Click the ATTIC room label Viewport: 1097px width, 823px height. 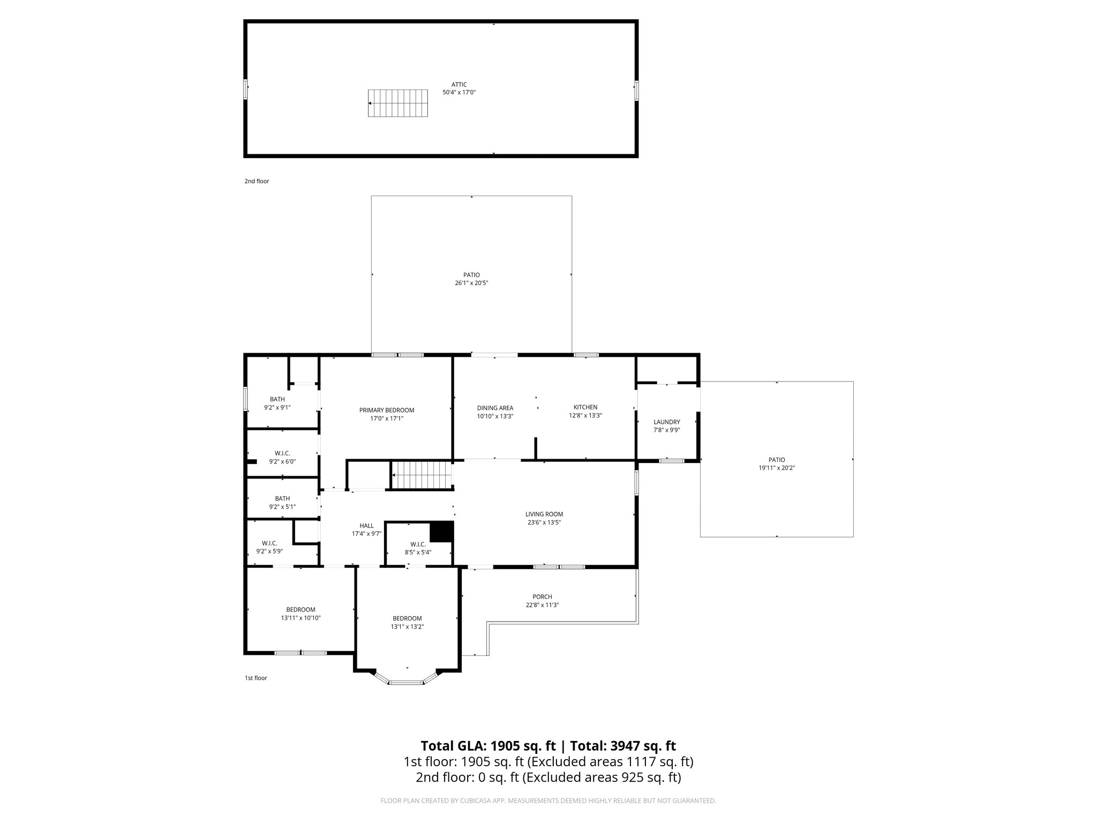click(459, 85)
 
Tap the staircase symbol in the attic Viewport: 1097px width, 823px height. click(398, 103)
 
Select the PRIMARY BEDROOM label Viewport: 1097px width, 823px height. click(386, 410)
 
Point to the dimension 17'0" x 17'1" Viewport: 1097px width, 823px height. click(386, 419)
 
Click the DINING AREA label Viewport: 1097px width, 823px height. click(495, 408)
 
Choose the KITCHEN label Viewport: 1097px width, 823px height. click(585, 407)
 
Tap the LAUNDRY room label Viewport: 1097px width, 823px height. click(666, 422)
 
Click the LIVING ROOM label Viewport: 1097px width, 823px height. click(544, 514)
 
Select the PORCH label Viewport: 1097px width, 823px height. click(542, 597)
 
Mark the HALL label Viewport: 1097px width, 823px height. click(366, 526)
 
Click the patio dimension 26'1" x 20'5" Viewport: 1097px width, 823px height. click(471, 283)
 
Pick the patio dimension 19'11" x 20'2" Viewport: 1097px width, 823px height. click(776, 468)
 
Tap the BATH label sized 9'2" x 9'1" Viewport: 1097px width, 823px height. click(277, 399)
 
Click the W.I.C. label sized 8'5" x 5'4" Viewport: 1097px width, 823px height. click(418, 544)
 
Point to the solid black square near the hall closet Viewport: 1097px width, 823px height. click(442, 532)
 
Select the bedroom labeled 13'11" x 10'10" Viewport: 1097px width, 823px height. click(300, 610)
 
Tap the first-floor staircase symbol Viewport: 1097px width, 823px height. click(420, 476)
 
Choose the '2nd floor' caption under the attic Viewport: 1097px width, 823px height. click(257, 181)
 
